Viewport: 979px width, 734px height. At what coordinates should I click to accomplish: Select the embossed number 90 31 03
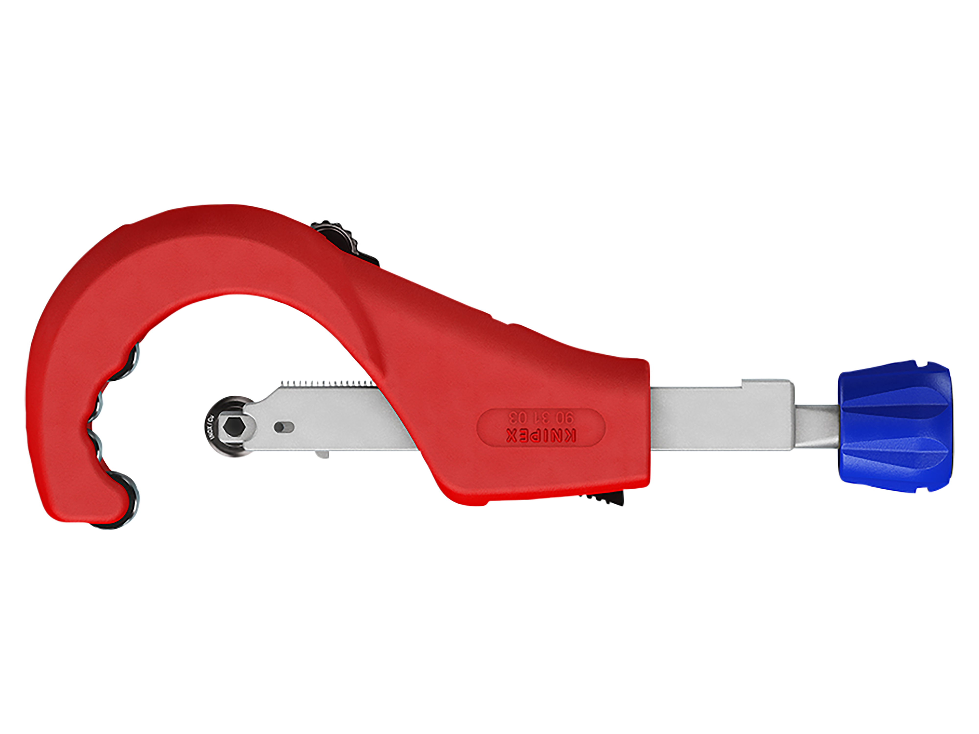click(541, 416)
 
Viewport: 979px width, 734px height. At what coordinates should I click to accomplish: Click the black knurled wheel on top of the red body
click(336, 234)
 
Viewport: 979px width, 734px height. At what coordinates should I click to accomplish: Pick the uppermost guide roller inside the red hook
click(135, 354)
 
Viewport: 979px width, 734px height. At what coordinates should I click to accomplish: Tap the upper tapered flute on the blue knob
click(894, 401)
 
